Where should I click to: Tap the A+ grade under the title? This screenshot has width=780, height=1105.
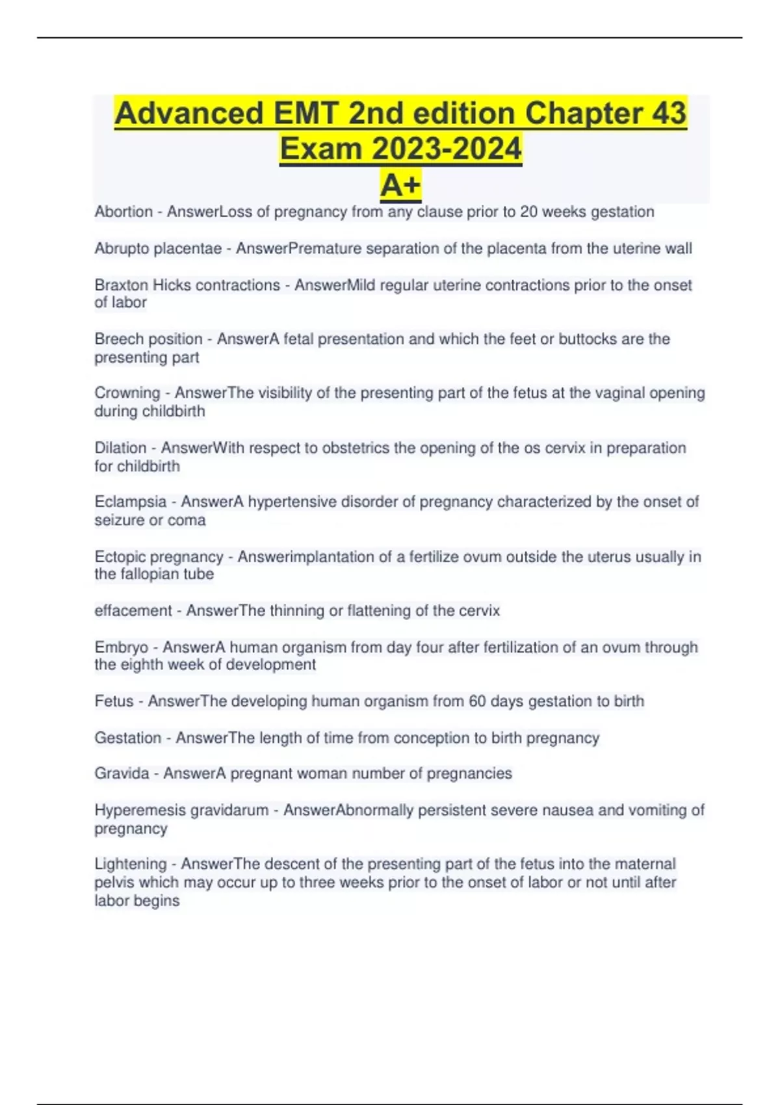(x=400, y=185)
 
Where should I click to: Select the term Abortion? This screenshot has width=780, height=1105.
(x=123, y=212)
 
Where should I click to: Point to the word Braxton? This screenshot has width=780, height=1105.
(x=121, y=285)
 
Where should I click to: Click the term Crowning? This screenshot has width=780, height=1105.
(x=127, y=393)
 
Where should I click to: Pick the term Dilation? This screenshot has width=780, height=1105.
(x=120, y=448)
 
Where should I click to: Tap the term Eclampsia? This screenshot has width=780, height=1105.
(x=131, y=502)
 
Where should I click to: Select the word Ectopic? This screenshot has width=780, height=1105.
(x=119, y=557)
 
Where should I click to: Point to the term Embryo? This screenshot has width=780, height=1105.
(x=121, y=647)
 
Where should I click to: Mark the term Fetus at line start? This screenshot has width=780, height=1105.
(x=114, y=701)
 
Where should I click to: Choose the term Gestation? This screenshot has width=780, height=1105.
(x=127, y=738)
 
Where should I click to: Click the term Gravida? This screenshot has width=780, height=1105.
(x=122, y=773)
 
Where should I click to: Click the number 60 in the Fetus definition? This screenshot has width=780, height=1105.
(x=477, y=701)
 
